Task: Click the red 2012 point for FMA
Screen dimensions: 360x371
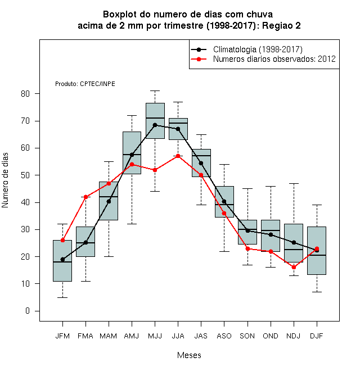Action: tap(85, 197)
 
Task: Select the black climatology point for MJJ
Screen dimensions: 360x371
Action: tap(155, 125)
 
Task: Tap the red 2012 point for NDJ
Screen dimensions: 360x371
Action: tap(294, 267)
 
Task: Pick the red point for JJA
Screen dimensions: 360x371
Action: tap(178, 156)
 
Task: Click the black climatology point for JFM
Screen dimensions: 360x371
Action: tap(62, 259)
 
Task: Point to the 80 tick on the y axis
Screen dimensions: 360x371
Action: tap(37, 94)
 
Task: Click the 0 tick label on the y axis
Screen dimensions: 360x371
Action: tap(28, 311)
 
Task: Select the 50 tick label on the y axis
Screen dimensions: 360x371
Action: tap(25, 175)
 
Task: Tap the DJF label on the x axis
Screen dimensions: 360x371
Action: tap(317, 336)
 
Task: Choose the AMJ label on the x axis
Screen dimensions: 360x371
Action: tap(132, 336)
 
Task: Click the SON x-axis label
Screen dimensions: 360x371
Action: tap(247, 336)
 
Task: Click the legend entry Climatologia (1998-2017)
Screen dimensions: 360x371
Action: tap(258, 49)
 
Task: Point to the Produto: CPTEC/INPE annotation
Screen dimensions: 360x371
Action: tap(85, 84)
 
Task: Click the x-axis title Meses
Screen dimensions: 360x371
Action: tap(189, 355)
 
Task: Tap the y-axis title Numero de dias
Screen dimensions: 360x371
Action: tap(5, 180)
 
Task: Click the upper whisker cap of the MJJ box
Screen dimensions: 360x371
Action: tap(155, 91)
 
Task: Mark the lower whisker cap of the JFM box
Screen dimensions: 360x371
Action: tap(62, 297)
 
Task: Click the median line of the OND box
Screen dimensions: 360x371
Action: tap(271, 230)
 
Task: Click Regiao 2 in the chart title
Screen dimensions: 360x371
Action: tap(281, 25)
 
